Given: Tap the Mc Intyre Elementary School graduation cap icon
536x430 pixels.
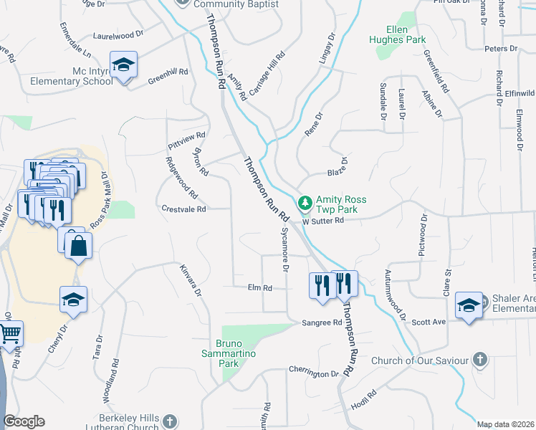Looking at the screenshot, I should click(124, 65).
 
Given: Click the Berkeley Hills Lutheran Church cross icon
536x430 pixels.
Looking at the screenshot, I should click(169, 421).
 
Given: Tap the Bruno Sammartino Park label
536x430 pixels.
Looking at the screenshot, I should click(234, 353).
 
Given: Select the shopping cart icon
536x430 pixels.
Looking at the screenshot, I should click(9, 333).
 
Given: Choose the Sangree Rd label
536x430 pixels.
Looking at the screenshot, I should click(322, 323).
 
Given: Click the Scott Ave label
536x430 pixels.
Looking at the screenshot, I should click(429, 322).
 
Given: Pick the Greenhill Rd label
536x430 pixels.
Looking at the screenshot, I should click(168, 72).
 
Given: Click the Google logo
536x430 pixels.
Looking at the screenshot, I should click(24, 421).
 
